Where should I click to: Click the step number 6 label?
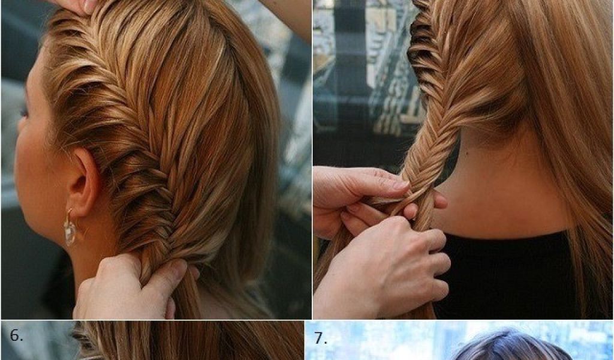tap(16, 336)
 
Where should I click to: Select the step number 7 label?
tap(321, 338)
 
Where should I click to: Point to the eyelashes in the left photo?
tap(23, 111)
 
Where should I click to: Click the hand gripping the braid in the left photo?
tap(130, 288)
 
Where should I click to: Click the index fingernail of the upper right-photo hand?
tap(401, 184)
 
